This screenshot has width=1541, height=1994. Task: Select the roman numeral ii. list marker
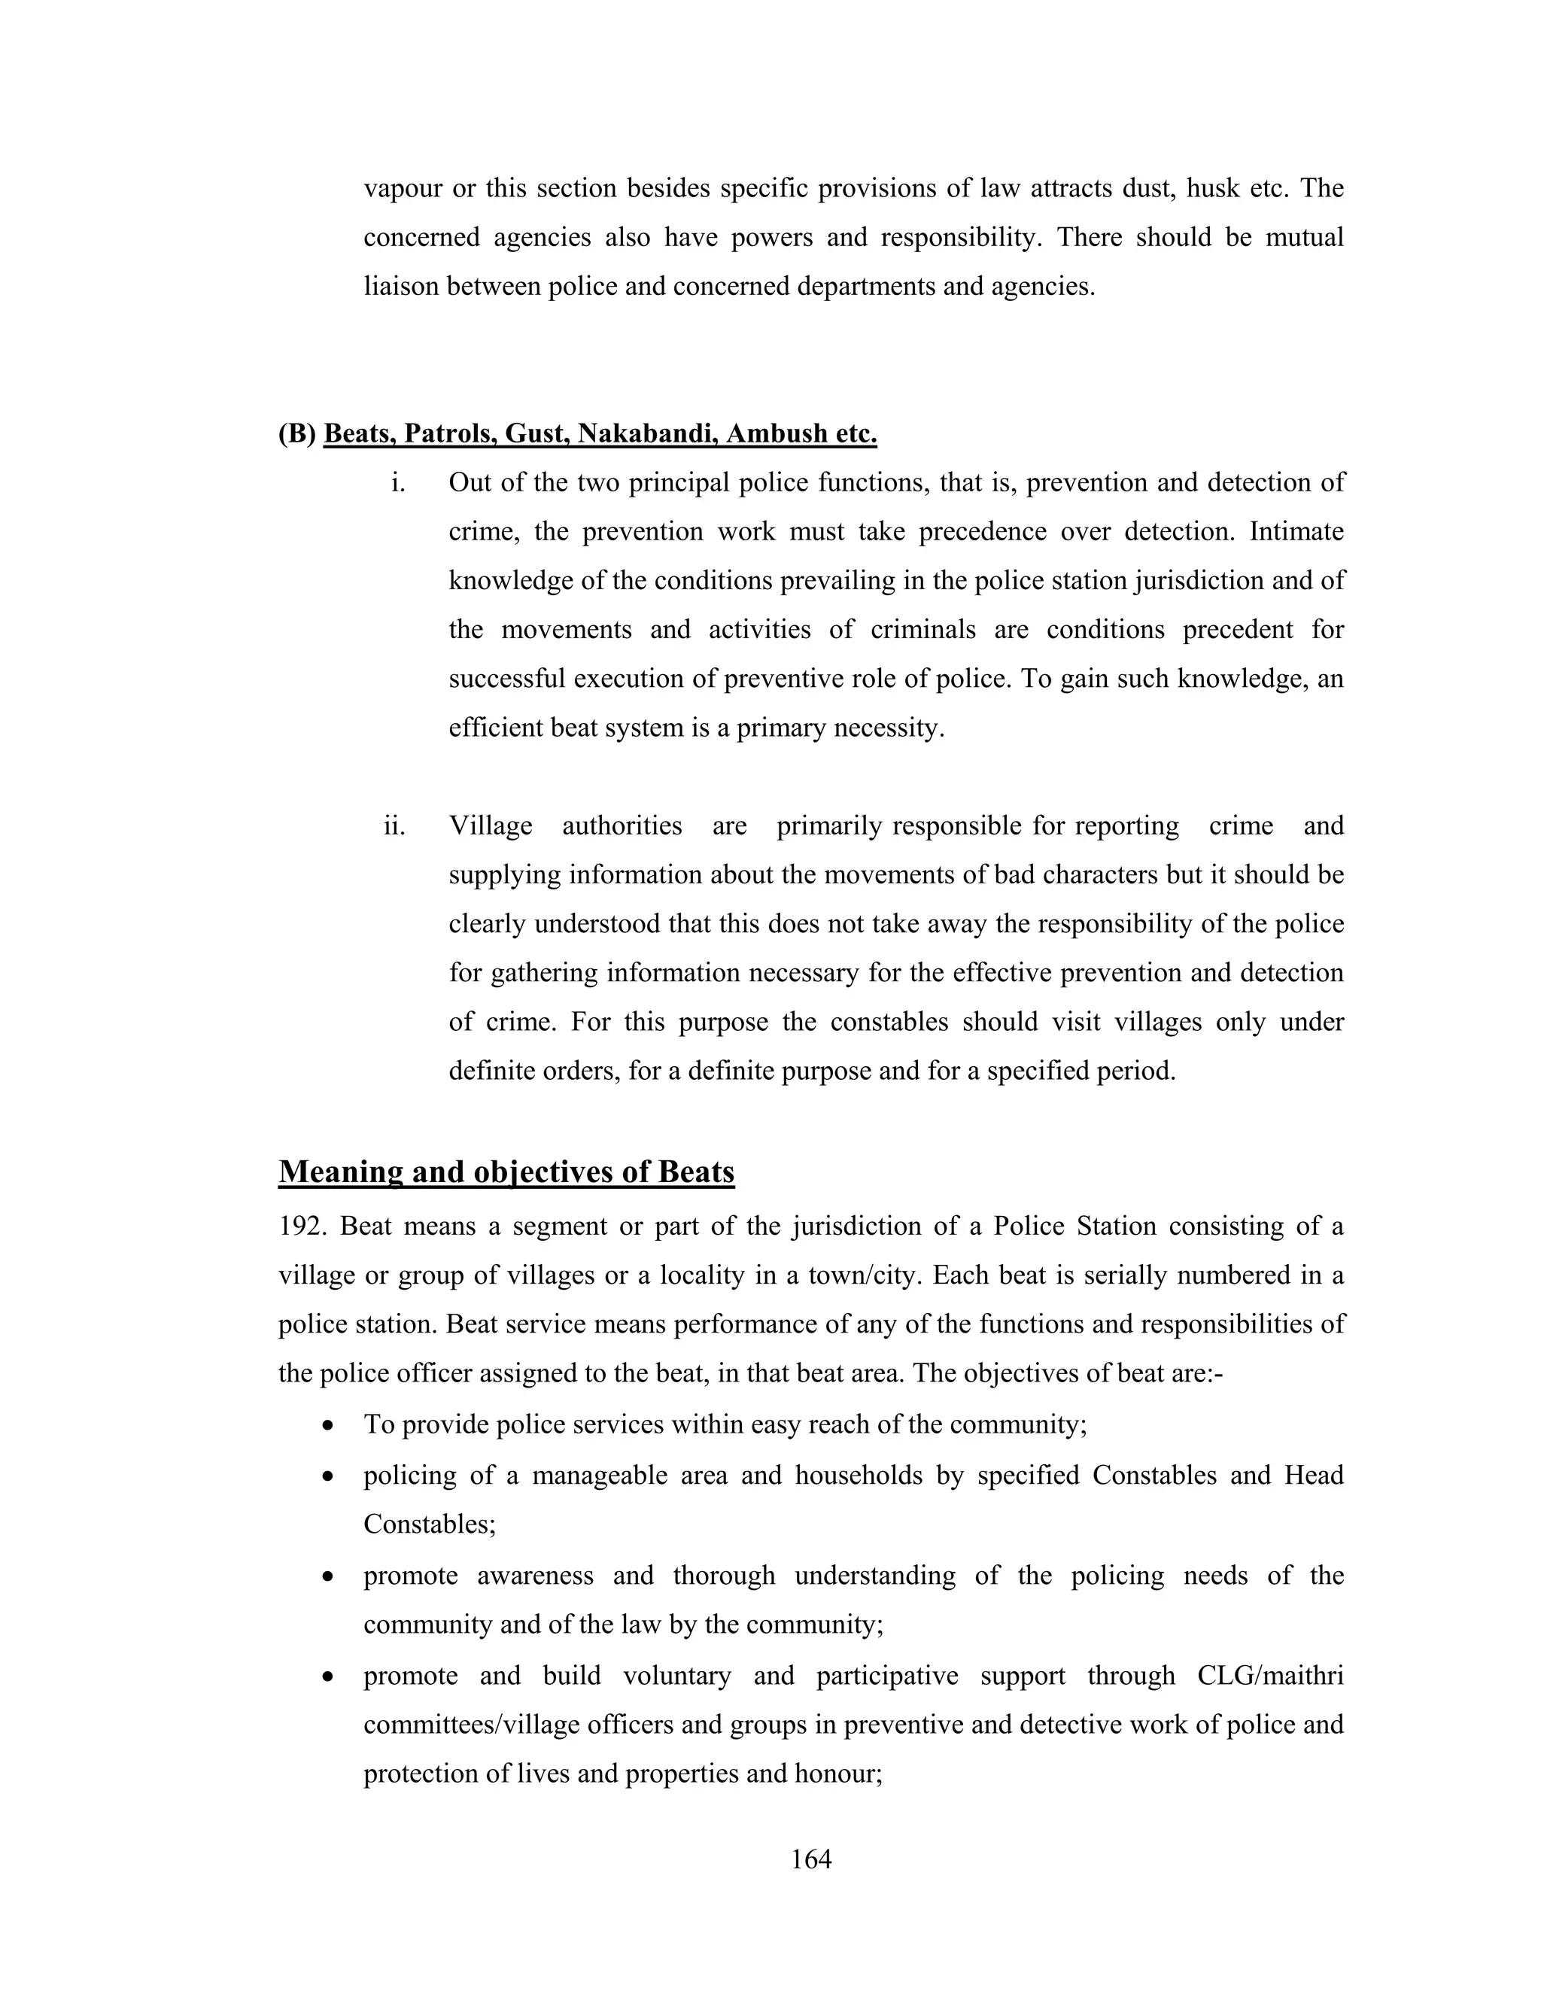tap(394, 826)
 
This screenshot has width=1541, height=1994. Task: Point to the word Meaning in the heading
tap(342, 1172)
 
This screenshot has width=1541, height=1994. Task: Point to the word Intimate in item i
tap(1296, 531)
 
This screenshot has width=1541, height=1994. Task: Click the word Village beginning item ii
tap(491, 826)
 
